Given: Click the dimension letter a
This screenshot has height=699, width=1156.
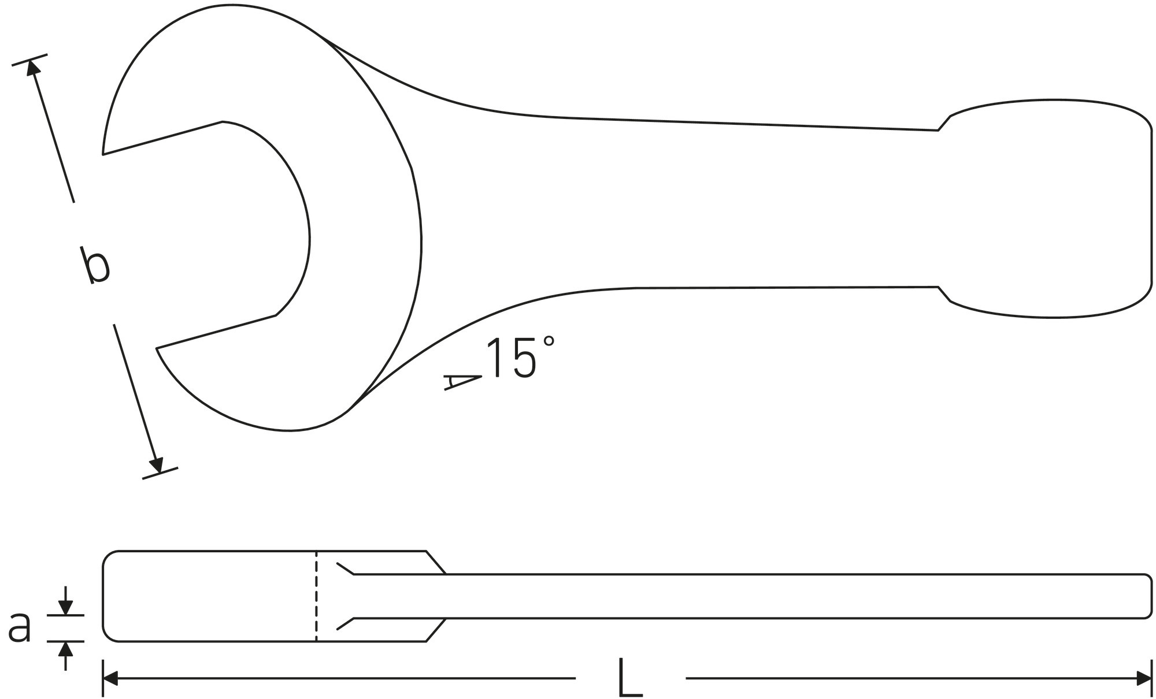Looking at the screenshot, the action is (x=20, y=628).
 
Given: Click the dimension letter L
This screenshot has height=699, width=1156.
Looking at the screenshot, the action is (x=629, y=677).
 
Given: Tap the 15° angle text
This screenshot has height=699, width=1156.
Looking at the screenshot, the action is (x=521, y=358).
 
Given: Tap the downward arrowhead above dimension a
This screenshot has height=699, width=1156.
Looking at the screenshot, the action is (x=66, y=607).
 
